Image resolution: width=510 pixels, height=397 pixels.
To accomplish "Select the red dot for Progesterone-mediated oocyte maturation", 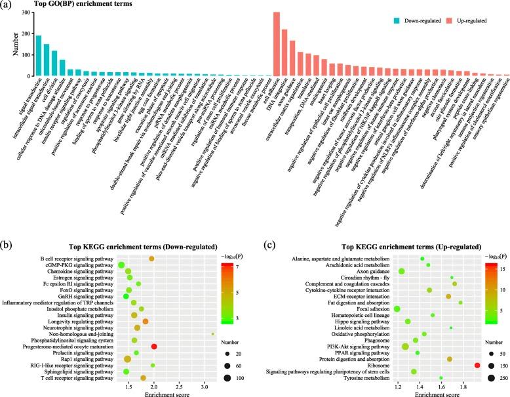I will point(154,346).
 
